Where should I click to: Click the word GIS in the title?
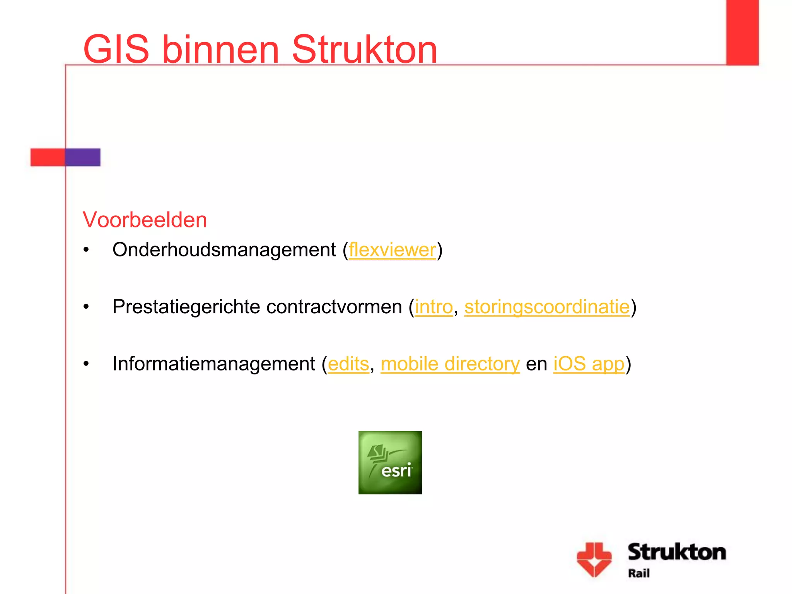(x=116, y=49)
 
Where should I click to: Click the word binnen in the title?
(x=220, y=49)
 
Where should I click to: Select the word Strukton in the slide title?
(x=364, y=49)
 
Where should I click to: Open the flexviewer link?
(x=392, y=250)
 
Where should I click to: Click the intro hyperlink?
(x=434, y=307)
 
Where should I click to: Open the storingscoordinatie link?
(x=547, y=307)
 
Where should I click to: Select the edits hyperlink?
(x=348, y=364)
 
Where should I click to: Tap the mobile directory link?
(x=450, y=364)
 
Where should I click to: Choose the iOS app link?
(x=589, y=364)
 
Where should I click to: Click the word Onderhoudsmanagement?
(x=224, y=250)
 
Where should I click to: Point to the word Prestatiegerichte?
(x=186, y=307)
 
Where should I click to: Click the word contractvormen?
(x=334, y=307)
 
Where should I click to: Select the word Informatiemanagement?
(x=213, y=364)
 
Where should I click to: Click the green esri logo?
(x=390, y=463)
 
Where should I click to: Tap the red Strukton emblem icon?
(x=594, y=559)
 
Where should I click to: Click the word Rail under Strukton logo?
(x=638, y=573)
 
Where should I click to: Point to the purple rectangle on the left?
(x=83, y=157)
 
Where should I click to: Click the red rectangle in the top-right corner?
(x=742, y=32)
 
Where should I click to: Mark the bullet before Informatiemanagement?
(x=86, y=364)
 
